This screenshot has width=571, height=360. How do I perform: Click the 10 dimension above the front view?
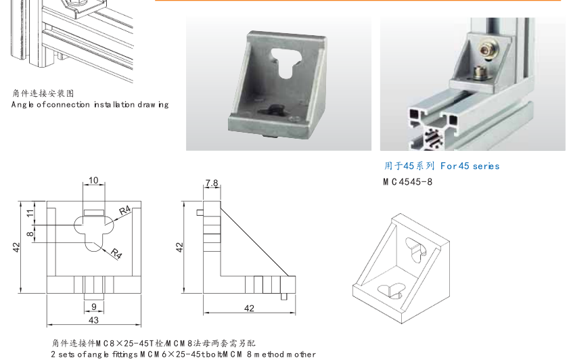coord(93,181)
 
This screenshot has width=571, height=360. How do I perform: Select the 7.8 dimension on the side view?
coord(211,183)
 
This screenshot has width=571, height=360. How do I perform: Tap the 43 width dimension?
coord(93,319)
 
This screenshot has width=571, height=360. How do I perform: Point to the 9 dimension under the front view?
coord(93,307)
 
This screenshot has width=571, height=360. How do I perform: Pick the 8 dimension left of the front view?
coord(30,234)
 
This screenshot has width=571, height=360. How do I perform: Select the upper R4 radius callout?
coord(124,211)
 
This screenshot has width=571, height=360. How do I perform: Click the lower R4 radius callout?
coord(116,254)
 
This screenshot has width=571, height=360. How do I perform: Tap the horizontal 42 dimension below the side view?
coord(249,308)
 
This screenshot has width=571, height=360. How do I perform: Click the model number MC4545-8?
coord(407,181)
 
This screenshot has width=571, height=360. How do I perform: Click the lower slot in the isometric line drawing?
coord(390,290)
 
